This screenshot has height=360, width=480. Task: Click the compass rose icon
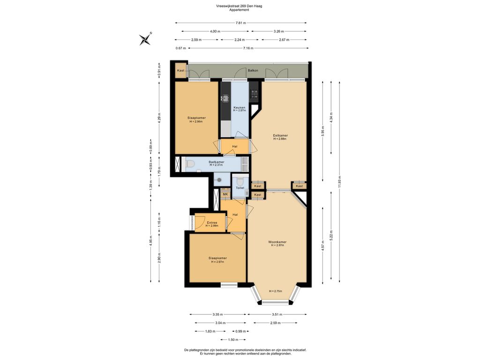tap(145, 39)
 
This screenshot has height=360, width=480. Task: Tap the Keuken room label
tap(239, 107)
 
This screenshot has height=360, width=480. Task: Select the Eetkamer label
tap(280, 135)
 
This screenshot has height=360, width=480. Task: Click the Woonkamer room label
tap(277, 242)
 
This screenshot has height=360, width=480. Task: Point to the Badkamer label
tap(216, 162)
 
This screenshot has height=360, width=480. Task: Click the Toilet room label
tap(240, 187)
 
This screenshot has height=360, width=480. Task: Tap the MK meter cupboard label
tap(225, 195)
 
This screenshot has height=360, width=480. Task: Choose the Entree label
tap(212, 223)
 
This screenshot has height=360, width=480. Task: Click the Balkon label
tap(253, 70)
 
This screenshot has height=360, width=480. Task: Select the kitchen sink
tap(225, 98)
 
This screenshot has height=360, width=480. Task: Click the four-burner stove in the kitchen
tap(255, 94)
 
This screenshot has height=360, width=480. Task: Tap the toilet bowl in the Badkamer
tap(190, 165)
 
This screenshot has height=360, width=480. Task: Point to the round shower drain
tap(218, 180)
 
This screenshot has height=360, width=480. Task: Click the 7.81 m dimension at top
tap(241, 22)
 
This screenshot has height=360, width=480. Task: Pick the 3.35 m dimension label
tap(217, 315)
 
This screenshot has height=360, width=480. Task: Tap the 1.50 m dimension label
tap(233, 339)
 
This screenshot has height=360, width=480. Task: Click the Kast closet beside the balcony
tap(180, 70)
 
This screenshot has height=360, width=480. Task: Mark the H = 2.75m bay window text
tap(276, 291)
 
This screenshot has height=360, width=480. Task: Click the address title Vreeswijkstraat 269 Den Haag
tap(239, 6)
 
